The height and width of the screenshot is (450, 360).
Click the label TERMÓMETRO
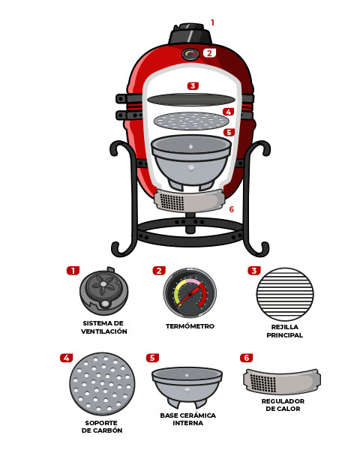click(190, 326)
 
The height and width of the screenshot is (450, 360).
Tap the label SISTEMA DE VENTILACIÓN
click(104, 327)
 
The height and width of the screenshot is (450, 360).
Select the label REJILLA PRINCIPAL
click(284, 331)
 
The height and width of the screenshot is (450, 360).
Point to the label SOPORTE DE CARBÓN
click(102, 427)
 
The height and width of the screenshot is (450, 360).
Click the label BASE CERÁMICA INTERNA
click(187, 419)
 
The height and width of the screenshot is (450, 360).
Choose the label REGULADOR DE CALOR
click(283, 405)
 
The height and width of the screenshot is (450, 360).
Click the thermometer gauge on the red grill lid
click(190, 54)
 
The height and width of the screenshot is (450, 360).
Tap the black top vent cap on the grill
click(190, 34)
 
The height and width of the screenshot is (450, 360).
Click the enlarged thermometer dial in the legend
click(190, 293)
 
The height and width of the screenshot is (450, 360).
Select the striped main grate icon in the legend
click(285, 294)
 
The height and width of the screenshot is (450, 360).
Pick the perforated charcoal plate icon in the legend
click(102, 384)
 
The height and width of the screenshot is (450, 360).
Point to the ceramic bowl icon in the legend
click(187, 387)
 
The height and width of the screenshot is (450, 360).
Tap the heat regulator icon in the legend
click(282, 382)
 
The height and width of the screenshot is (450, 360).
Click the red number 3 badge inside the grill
click(193, 85)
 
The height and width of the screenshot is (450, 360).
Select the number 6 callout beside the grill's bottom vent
click(232, 209)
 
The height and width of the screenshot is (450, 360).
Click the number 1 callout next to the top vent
click(212, 22)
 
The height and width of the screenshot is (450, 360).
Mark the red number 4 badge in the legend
click(66, 358)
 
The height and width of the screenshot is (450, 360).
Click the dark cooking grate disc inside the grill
click(191, 100)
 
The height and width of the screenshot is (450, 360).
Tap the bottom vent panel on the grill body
click(189, 200)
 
